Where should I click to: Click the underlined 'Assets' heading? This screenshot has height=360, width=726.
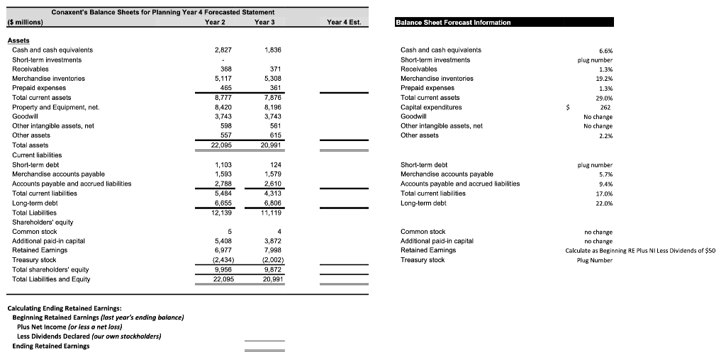point(18,40)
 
